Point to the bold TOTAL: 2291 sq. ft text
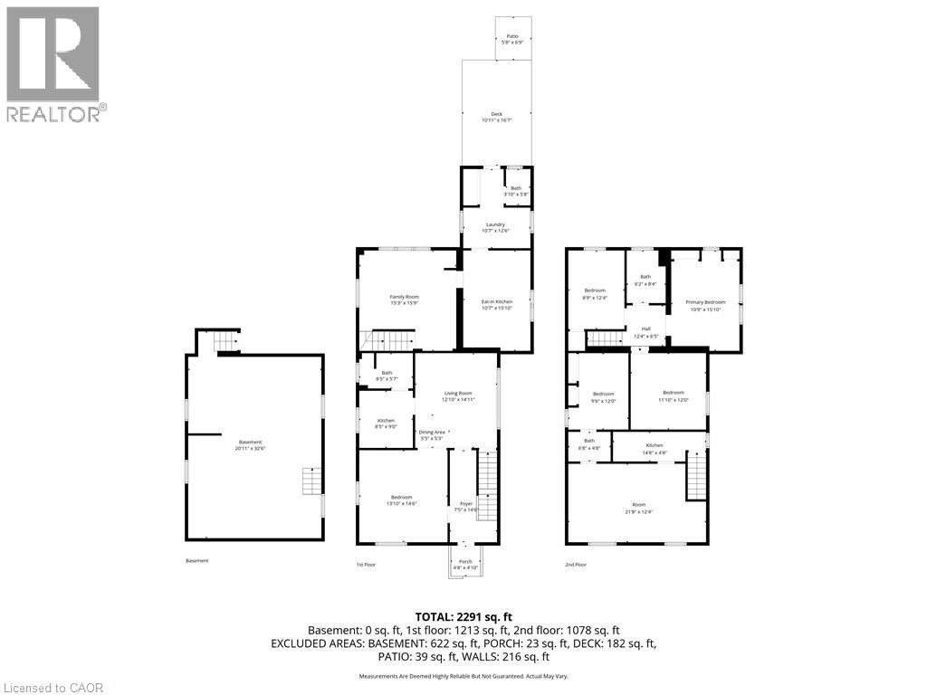pos(463,614)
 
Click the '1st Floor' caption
pos(365,564)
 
